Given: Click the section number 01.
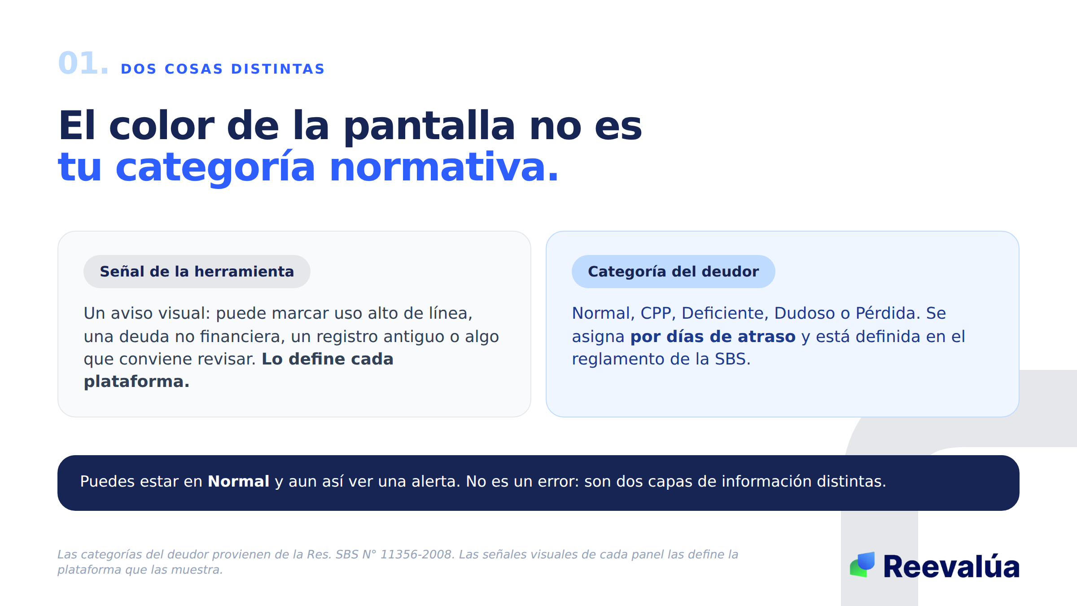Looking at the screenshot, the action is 83,63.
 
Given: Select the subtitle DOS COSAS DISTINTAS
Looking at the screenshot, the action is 223,69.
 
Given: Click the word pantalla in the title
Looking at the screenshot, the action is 429,126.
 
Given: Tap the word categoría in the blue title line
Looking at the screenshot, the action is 215,167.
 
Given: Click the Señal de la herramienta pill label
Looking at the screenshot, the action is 197,272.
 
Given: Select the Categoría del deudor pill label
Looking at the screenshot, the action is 673,272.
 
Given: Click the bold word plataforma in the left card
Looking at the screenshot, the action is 136,382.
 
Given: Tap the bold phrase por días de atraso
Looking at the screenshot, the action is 713,336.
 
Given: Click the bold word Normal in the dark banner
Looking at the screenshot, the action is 238,481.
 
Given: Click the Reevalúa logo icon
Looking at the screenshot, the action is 862,565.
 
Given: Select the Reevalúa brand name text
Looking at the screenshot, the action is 951,566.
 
